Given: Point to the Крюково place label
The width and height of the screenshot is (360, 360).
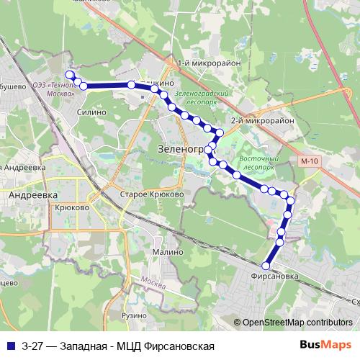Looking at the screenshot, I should pos(71,207).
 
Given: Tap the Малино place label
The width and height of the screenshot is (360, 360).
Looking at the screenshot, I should pos(167,253).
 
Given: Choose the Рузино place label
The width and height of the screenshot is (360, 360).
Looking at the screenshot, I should pos(135,316).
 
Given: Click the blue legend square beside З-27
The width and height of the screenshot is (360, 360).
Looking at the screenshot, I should pos(10,345).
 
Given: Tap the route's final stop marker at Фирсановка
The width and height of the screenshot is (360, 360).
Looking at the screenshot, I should pos(266,266).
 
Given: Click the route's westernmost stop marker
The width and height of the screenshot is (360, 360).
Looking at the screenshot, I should pos(70,75).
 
